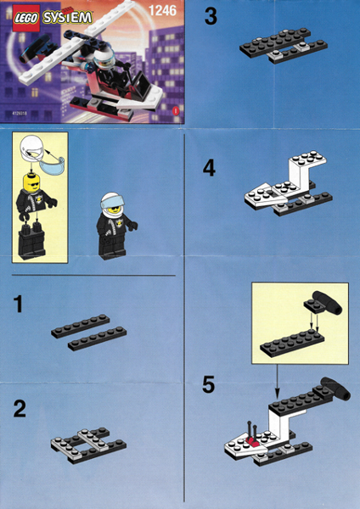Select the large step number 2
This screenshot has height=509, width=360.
(x=20, y=410)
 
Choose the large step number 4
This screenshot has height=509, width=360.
(x=209, y=168)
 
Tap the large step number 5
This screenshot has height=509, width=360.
(x=209, y=384)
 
